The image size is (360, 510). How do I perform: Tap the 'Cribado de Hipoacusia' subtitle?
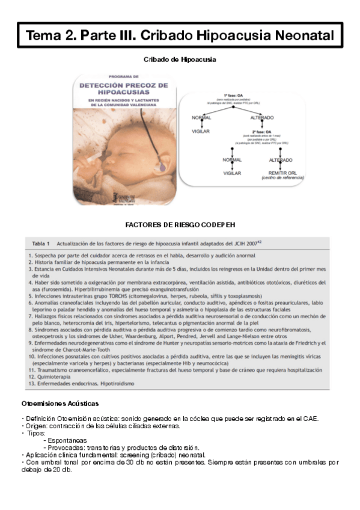point(180,60)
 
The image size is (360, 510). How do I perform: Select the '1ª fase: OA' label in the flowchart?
point(234,96)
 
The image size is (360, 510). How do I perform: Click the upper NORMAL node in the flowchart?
point(201,117)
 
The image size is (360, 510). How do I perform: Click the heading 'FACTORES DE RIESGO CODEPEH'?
point(180,224)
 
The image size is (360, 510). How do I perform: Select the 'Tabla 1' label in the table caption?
point(40,244)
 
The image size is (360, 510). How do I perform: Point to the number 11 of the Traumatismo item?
point(31,368)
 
